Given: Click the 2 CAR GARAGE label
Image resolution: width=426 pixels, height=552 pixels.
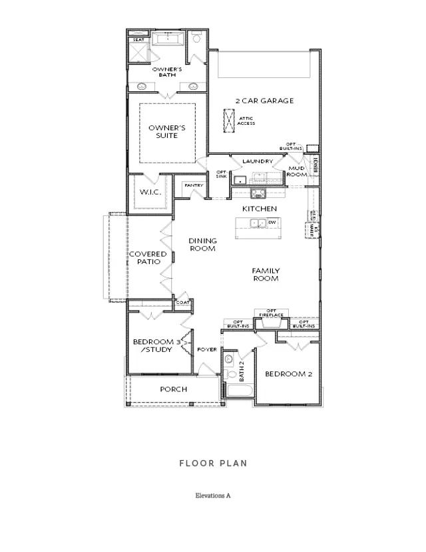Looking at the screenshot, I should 264,101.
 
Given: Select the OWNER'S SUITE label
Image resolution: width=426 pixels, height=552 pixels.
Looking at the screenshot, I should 162,131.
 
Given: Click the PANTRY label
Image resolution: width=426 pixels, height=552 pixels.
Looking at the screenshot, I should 194,185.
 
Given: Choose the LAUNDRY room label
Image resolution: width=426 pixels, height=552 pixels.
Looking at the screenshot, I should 258,161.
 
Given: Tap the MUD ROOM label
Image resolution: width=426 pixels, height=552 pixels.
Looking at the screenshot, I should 296,171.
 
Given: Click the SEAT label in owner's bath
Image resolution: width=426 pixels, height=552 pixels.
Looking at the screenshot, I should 138,40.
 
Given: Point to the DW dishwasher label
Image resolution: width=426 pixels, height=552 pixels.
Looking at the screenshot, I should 272,223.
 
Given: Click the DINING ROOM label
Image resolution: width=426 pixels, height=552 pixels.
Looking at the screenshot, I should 202,245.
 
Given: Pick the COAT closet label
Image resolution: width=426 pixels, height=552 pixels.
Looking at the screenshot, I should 182,302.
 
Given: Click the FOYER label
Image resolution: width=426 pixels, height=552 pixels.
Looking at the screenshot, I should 206,349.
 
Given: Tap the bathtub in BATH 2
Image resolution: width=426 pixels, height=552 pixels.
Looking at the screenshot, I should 238,393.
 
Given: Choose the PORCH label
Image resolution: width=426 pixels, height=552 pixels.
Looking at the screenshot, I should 174,389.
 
